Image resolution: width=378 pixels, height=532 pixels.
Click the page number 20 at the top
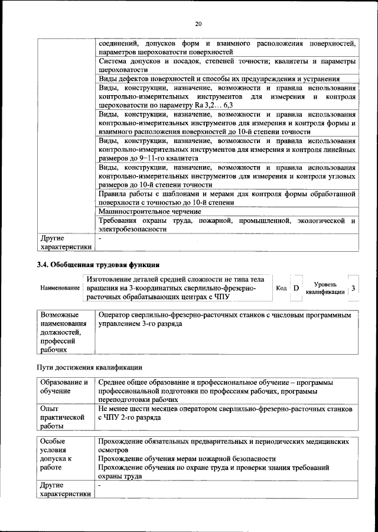pyautogui.click(x=198, y=24)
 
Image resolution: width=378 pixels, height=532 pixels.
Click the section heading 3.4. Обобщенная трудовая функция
pyautogui.click(x=98, y=264)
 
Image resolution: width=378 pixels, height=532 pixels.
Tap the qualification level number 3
pyautogui.click(x=353, y=288)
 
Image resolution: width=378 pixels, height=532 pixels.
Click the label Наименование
pyautogui.click(x=60, y=288)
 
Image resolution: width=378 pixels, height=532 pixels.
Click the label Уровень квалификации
pyautogui.click(x=325, y=288)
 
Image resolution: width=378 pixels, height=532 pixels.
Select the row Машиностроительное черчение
pyautogui.click(x=150, y=211)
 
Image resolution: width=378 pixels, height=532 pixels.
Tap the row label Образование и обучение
pyautogui.click(x=64, y=387)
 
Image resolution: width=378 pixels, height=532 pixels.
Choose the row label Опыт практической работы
pyautogui.click(x=59, y=417)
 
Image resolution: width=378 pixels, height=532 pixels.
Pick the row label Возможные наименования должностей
pyautogui.click(x=63, y=332)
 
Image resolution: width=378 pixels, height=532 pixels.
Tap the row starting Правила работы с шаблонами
pyautogui.click(x=227, y=197)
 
